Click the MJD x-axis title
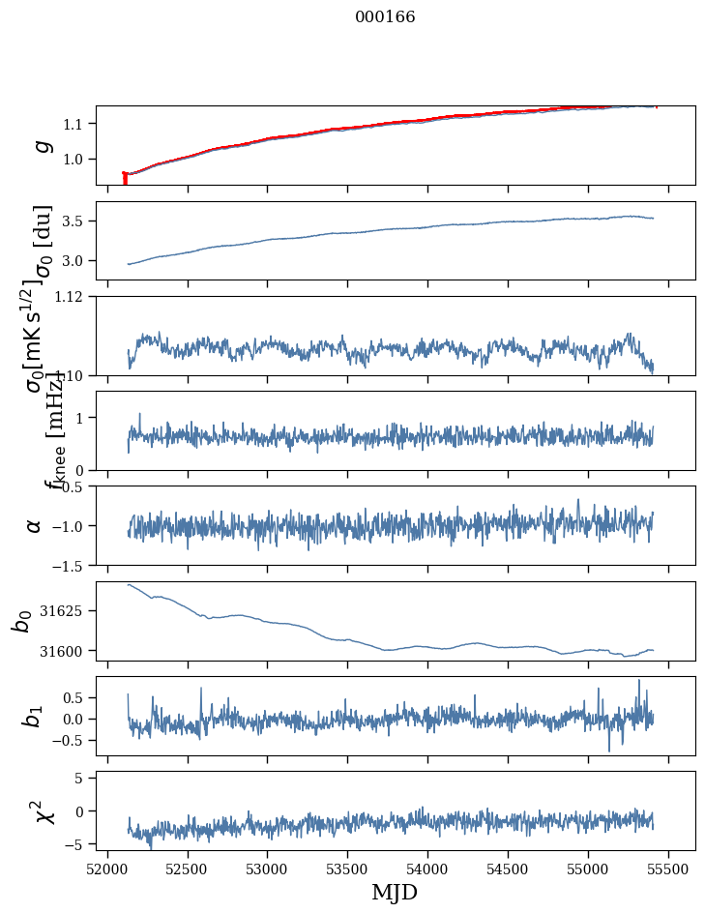click(394, 892)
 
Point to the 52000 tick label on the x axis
click(107, 869)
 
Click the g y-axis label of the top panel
click(40, 145)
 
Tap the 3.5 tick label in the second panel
click(74, 221)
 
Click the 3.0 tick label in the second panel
click(74, 261)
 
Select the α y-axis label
click(35, 525)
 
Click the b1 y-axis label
click(35, 716)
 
